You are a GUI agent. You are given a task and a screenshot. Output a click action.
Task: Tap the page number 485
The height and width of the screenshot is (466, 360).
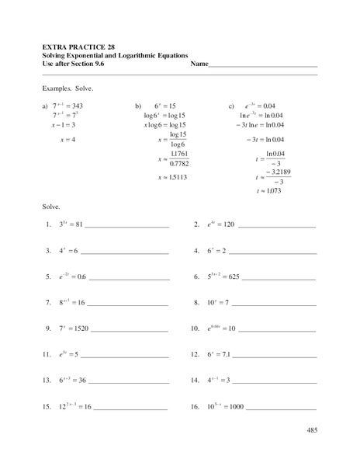click(311, 429)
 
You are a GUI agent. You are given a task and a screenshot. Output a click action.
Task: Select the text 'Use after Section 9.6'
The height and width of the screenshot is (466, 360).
click(78, 64)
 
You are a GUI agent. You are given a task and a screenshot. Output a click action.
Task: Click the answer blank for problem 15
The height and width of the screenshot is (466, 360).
click(131, 408)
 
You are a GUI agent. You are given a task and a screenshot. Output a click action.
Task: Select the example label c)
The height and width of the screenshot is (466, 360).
click(231, 104)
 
